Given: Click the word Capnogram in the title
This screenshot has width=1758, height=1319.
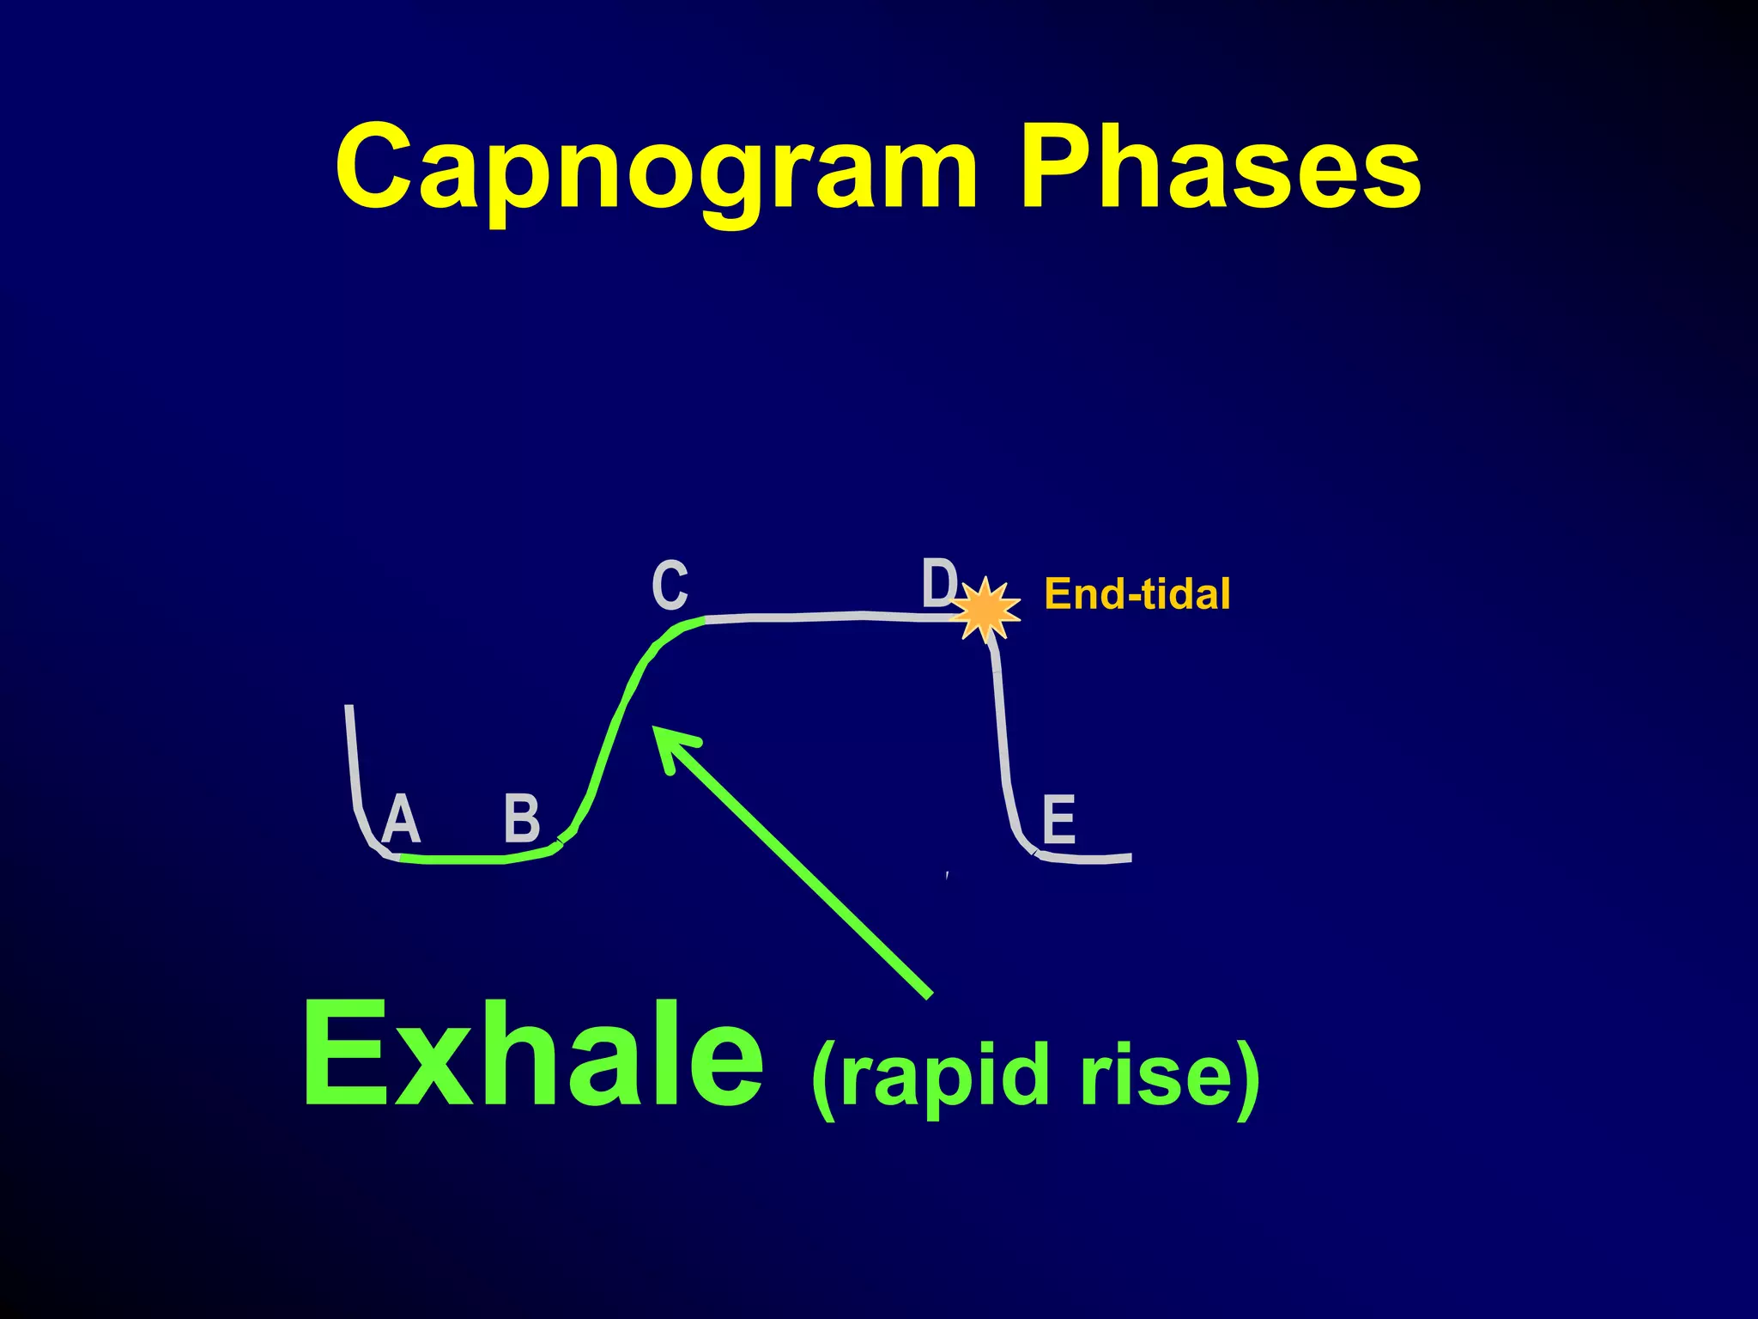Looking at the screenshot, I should pyautogui.click(x=657, y=168).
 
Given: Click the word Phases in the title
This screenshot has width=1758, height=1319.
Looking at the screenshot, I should pyautogui.click(x=1219, y=168).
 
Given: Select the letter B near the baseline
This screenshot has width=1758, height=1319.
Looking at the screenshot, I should pyautogui.click(x=522, y=818).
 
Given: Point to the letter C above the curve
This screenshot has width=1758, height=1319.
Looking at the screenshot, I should pyautogui.click(x=670, y=585).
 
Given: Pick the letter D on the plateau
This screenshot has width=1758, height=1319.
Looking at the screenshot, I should pyautogui.click(x=938, y=582).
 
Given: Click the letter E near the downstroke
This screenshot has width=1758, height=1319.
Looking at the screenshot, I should pyautogui.click(x=1058, y=819).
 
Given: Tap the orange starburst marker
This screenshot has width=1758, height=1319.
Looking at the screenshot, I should pyautogui.click(x=985, y=609).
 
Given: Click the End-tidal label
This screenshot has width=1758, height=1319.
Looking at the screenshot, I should pyautogui.click(x=1137, y=594).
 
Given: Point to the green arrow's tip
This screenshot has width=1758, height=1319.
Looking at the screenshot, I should pyautogui.click(x=658, y=731).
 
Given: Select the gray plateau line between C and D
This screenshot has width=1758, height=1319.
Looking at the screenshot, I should pyautogui.click(x=824, y=617).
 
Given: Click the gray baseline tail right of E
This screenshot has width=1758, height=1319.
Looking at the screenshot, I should pyautogui.click(x=1090, y=859).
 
